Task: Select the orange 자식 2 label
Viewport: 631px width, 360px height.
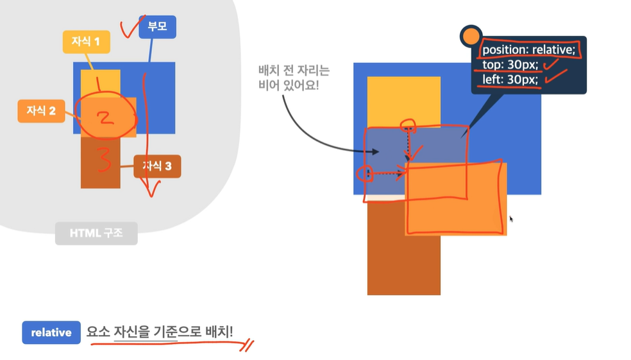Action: pos(41,111)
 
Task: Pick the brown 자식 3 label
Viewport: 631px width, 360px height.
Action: pos(157,166)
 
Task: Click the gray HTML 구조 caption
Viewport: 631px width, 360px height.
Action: pos(96,234)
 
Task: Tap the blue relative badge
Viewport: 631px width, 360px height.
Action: pos(51,332)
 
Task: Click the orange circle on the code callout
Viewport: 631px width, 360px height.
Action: pos(471,37)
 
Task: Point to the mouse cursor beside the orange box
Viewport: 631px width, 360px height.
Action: pos(511,219)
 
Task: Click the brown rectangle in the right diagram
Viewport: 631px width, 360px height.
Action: pos(403,263)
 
